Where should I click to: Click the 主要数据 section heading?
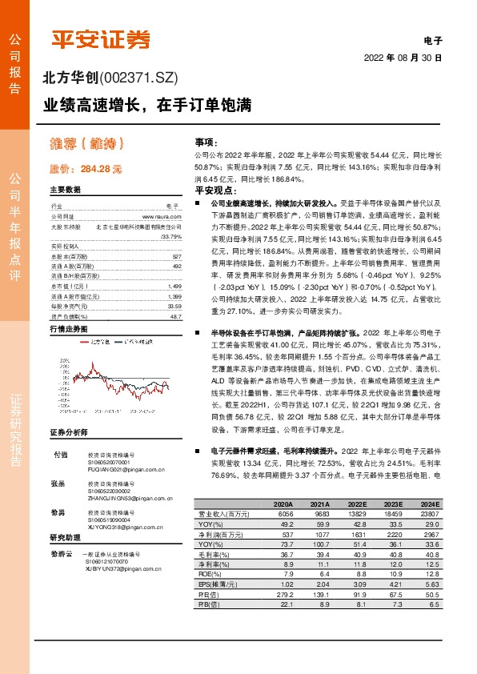click(x=65, y=191)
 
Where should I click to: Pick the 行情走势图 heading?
click(x=67, y=329)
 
